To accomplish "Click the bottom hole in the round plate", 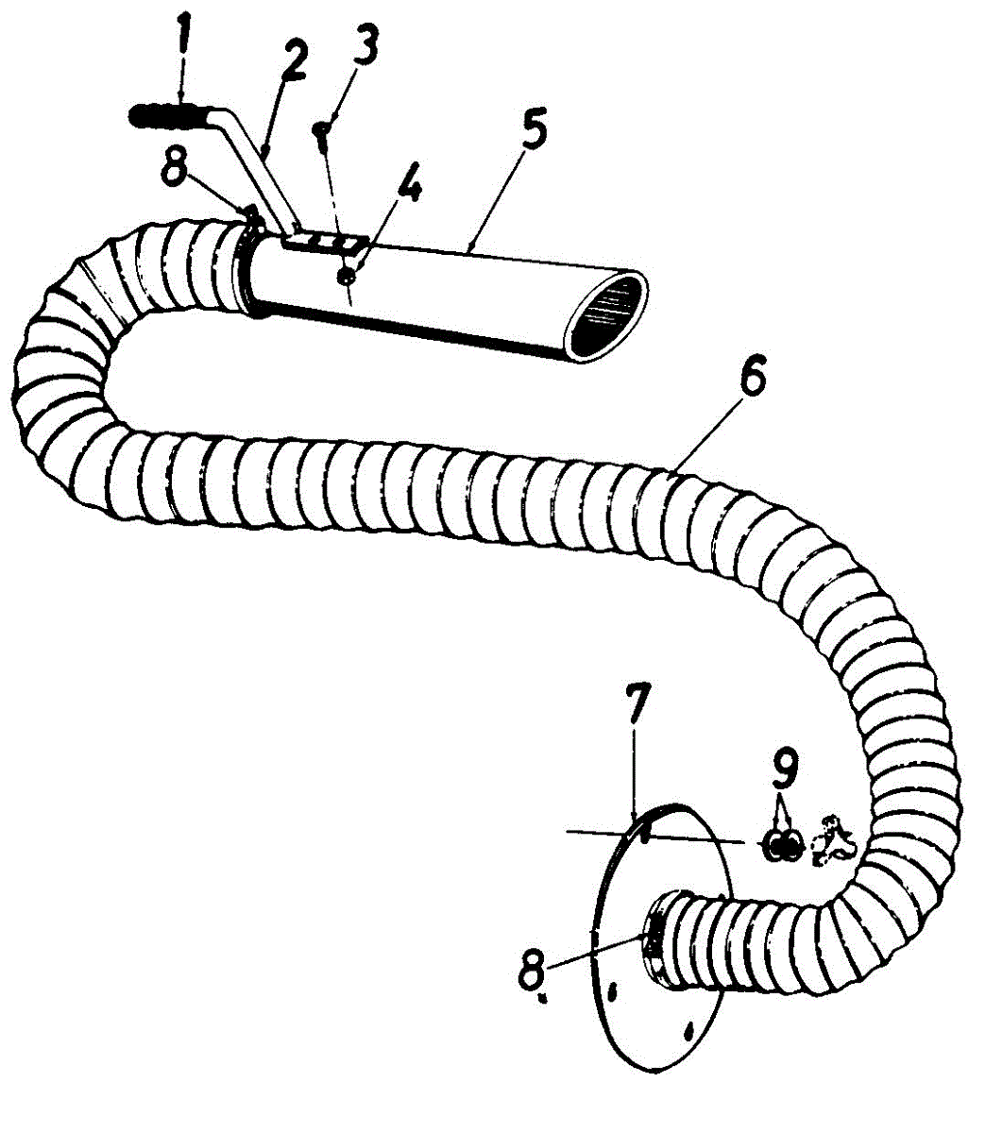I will pyautogui.click(x=688, y=1028).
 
